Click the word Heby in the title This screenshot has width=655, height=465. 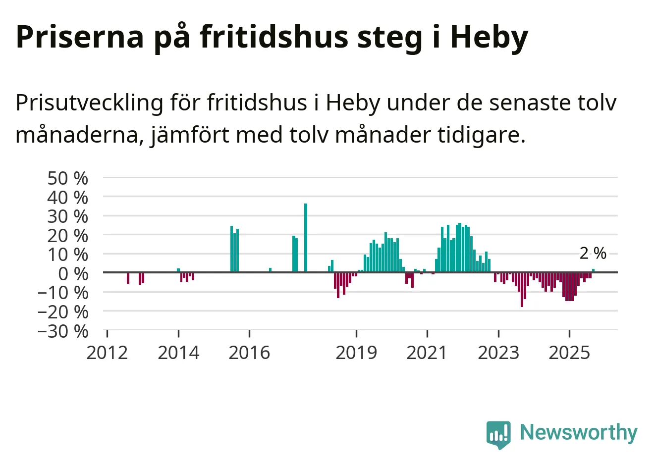pos(489,37)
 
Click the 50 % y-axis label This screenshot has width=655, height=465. pos(68,178)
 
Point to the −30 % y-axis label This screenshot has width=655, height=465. pos(63,331)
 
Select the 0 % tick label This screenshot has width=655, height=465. pos(73,273)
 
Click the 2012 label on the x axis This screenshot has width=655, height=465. pos(107,353)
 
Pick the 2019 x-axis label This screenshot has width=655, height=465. pos(356,353)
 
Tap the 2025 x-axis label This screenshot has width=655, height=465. pos(570,353)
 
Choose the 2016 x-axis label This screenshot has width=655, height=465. pos(249,353)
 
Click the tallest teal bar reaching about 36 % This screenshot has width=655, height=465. pos(306,238)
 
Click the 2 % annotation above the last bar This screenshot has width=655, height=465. pos(593,254)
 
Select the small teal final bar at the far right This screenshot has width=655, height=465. pos(593,270)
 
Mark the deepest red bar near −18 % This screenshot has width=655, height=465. pos(522,290)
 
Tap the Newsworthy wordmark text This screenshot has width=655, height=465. pos(578,433)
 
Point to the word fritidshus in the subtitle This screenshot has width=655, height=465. pos(257,103)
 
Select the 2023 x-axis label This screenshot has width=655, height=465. pos(498,353)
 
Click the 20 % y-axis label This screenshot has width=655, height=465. pos(68,235)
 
